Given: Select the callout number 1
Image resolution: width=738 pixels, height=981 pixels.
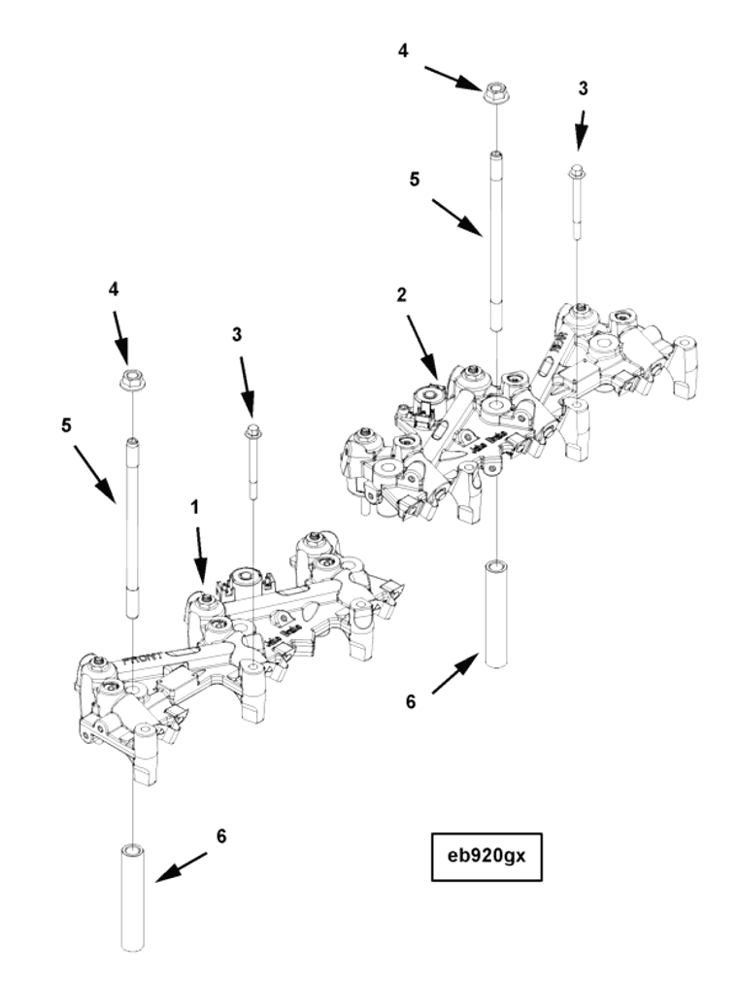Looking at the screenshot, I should [194, 507].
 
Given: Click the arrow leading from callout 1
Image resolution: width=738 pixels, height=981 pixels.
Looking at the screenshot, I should [201, 556].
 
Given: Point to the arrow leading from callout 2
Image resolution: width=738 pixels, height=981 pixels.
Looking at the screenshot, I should [422, 346].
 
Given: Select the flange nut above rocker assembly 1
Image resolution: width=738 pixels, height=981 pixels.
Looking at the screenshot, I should [132, 380].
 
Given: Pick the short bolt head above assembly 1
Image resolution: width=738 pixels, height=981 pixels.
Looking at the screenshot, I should [252, 430].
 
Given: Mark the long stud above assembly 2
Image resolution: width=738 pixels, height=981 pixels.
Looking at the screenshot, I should [496, 243].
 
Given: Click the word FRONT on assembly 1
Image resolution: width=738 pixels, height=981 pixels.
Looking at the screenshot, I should [146, 660].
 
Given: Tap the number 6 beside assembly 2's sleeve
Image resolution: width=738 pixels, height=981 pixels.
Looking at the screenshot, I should [411, 700].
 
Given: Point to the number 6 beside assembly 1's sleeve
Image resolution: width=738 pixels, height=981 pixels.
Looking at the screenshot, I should [221, 836].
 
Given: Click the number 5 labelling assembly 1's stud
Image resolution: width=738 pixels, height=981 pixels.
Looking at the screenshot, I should [66, 425].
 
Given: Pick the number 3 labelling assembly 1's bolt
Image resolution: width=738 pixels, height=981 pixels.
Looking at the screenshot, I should [236, 335].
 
